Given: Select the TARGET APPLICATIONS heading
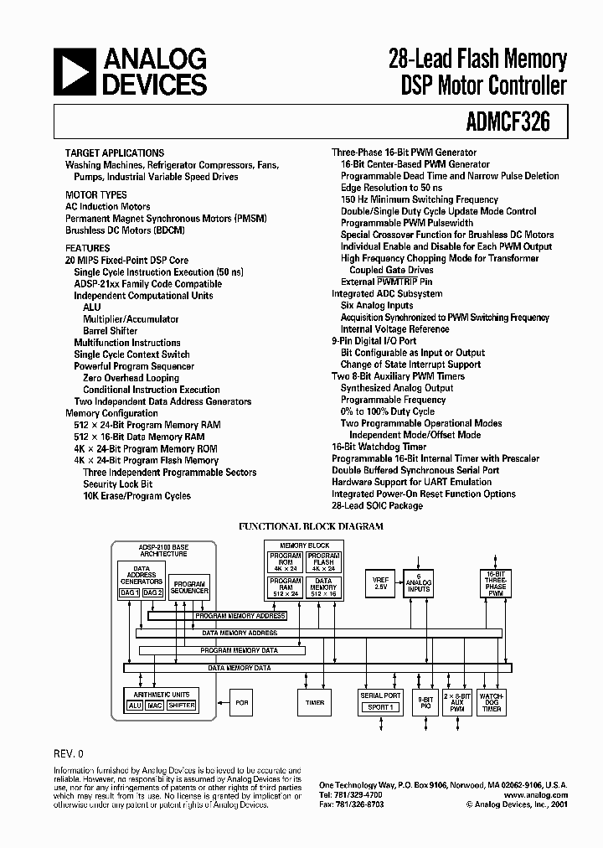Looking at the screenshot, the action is coord(115,153).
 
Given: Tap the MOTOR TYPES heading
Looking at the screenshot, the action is coord(96,195).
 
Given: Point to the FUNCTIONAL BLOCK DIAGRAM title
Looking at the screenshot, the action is coord(312,526).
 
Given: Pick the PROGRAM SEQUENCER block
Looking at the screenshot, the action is coord(188,586).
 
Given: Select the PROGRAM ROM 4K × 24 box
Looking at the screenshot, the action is coord(285,563).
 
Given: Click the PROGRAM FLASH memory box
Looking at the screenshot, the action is coord(323,563).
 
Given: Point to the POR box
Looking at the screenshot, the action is coord(242,702).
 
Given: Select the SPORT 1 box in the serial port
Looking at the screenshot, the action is coord(380,707).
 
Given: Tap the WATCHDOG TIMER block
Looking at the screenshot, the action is coord(492,702).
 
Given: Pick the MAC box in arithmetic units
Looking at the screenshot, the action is coord(154,706).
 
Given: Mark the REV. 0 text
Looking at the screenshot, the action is coord(69,754).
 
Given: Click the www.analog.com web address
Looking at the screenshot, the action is coord(536,794).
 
